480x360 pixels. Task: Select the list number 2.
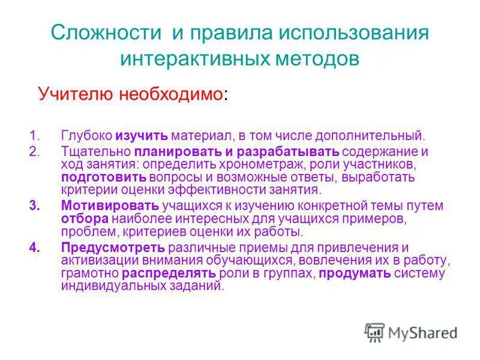click(x=34, y=150)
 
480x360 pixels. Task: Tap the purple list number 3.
click(x=34, y=205)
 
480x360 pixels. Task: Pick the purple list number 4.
click(x=34, y=247)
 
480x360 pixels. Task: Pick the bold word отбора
click(x=84, y=219)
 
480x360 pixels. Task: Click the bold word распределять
click(x=169, y=274)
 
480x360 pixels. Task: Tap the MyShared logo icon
click(x=374, y=331)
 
